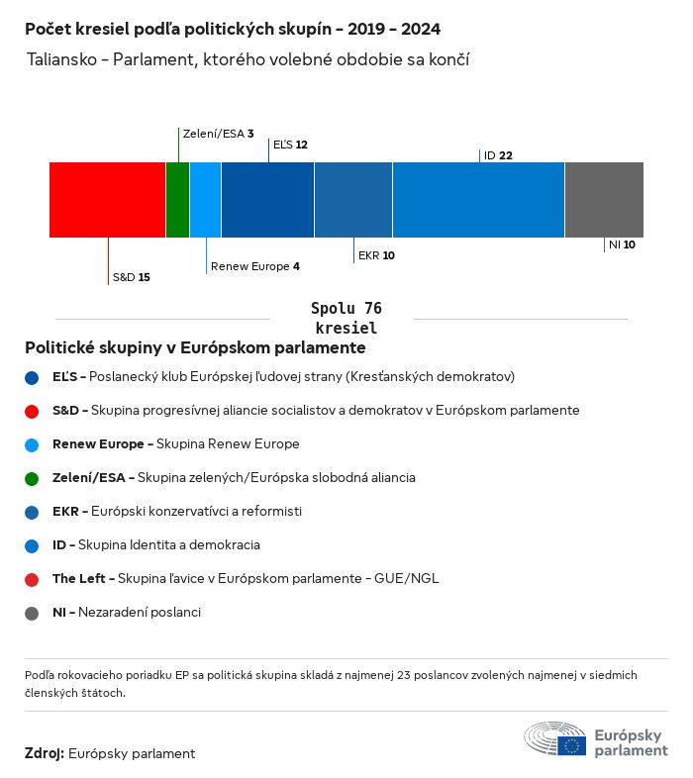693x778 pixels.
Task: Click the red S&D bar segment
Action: pos(107,200)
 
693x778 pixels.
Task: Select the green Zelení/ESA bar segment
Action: pos(177,200)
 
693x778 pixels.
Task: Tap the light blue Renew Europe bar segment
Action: pos(205,200)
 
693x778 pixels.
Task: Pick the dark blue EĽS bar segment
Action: pos(267,200)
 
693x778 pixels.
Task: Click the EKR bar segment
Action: pos(353,200)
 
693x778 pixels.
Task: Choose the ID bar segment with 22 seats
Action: pos(478,200)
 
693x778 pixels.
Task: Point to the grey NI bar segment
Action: pos(604,200)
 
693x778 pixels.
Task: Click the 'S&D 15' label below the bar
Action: pos(131,277)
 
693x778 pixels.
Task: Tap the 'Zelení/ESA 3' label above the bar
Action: pos(218,133)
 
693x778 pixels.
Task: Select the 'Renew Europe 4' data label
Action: pos(254,266)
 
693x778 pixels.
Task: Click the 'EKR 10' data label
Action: pos(376,255)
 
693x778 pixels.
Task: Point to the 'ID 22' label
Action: pos(498,155)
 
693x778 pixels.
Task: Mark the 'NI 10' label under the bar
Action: pos(622,244)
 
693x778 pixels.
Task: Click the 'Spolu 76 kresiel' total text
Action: pos(346,318)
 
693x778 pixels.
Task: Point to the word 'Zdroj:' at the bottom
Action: pos(45,753)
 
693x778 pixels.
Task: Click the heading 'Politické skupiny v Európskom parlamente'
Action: pos(195,348)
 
